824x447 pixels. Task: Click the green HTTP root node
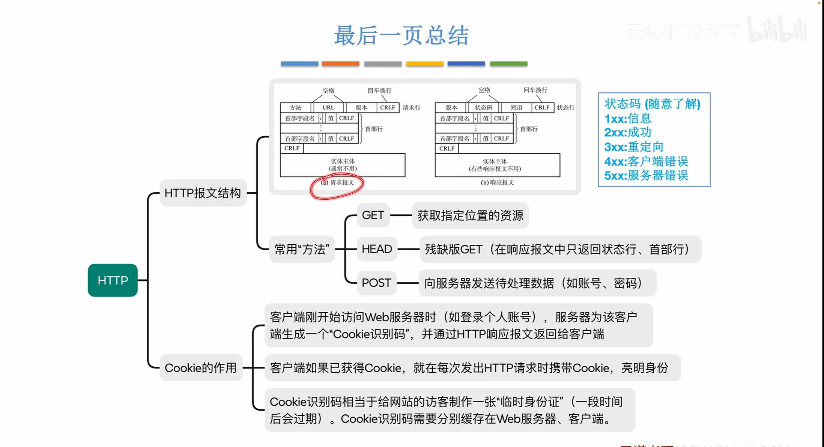pos(113,280)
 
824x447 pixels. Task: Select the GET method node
pos(373,215)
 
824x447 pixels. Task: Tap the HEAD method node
pos(377,249)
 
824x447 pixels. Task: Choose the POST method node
pos(376,283)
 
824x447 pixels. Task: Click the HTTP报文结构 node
pos(203,193)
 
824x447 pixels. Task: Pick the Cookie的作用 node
pos(201,368)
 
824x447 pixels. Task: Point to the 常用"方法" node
pos(302,249)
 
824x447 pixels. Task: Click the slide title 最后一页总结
pos(401,36)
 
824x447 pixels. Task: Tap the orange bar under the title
pos(340,64)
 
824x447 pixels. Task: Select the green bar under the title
pos(508,64)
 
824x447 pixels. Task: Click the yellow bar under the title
pos(424,64)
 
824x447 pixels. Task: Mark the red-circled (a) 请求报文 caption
pos(337,183)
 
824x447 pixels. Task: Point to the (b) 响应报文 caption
pos(497,183)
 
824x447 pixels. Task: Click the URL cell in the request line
pos(328,108)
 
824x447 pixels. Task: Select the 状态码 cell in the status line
pos(483,108)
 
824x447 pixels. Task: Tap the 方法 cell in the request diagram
pos(295,108)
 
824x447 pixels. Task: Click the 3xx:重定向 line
pos(634,147)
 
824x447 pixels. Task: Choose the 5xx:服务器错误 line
pos(646,175)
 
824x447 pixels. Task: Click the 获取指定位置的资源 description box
pos(470,215)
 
